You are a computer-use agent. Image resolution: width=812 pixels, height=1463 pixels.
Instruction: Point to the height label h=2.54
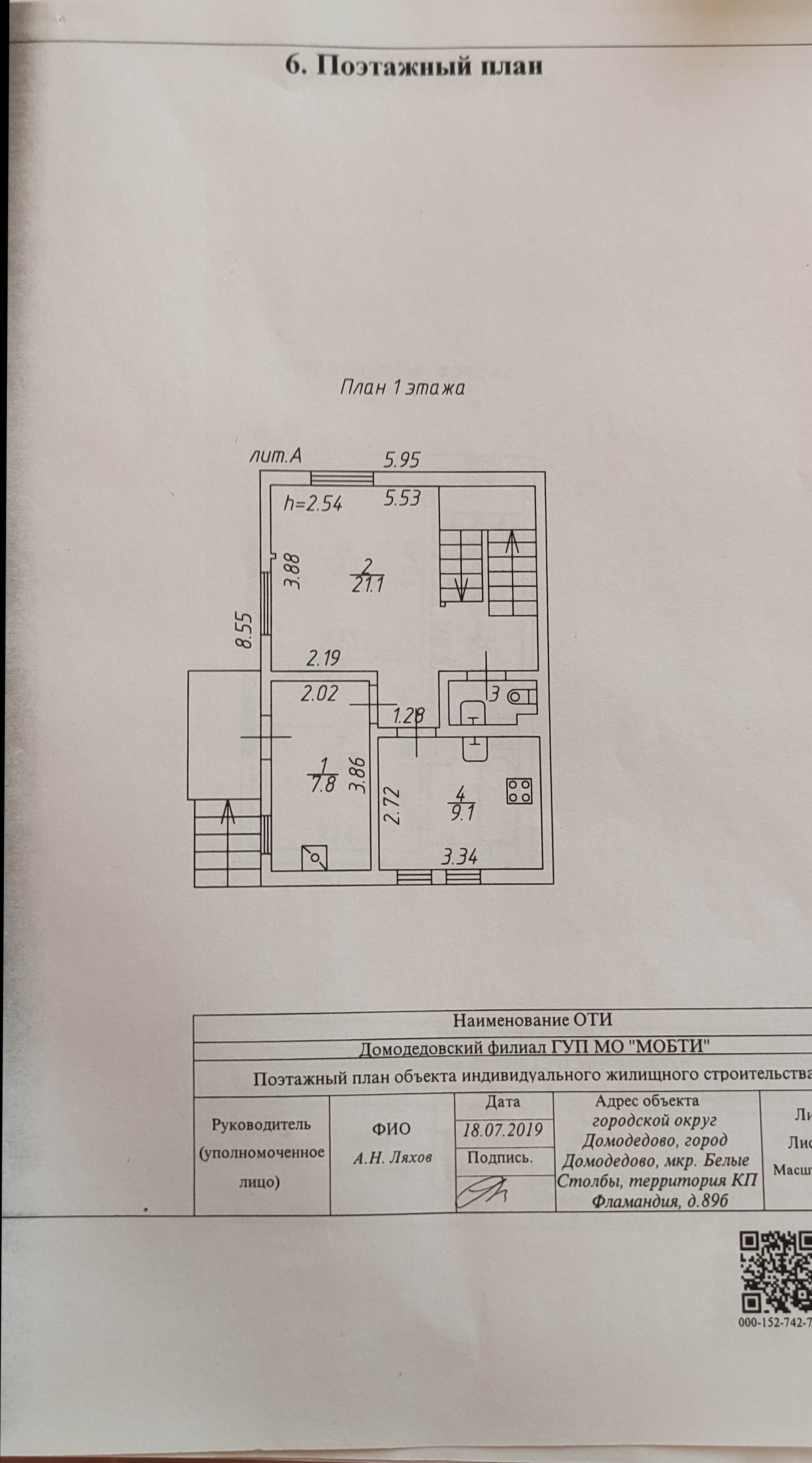tap(313, 503)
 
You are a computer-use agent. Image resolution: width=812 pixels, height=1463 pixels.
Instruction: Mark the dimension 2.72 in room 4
tap(391, 805)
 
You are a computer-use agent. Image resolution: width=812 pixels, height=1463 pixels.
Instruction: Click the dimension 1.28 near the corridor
tap(409, 715)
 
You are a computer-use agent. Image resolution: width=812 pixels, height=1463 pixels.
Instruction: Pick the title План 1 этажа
tap(402, 389)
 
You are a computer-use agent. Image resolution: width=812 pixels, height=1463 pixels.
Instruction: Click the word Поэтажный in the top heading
tap(392, 66)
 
